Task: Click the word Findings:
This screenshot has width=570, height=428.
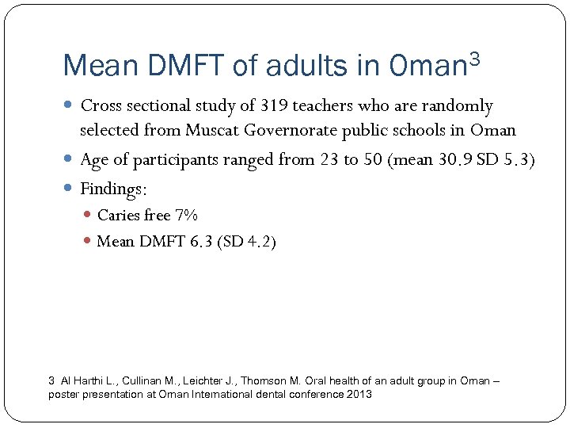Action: [x=114, y=189]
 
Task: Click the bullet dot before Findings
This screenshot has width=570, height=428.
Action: [x=69, y=189]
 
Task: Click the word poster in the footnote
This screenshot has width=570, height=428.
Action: [x=63, y=394]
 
